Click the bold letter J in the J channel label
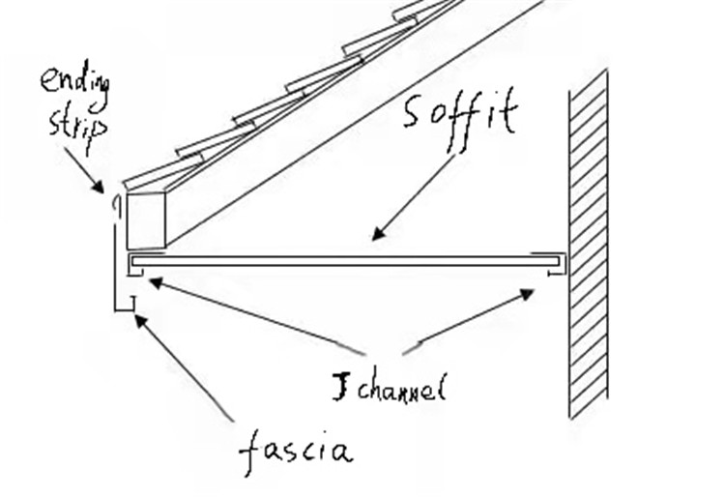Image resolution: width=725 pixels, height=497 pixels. [x=339, y=388]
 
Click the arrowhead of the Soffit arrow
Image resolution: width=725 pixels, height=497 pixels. [x=377, y=235]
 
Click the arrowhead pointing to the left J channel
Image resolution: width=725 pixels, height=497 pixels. [x=153, y=282]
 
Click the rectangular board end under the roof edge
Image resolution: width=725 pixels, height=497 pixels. [x=146, y=220]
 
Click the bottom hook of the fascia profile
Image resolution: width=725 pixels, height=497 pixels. [x=127, y=308]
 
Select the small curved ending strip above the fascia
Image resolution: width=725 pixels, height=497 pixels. [x=117, y=204]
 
